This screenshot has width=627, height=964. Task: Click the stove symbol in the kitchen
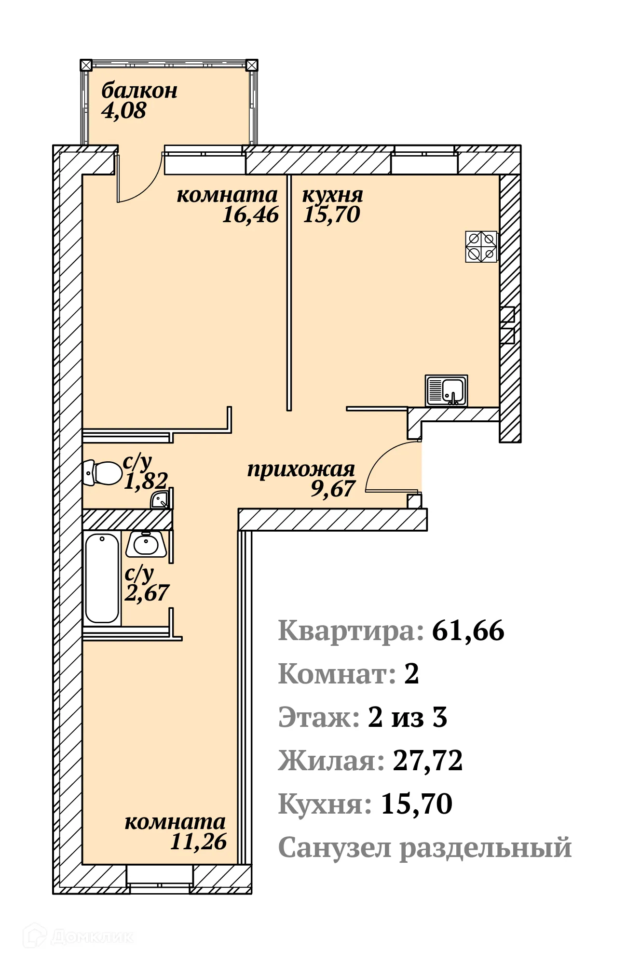click(481, 246)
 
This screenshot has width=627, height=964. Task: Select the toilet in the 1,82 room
click(103, 473)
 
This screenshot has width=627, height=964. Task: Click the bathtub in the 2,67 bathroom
click(102, 578)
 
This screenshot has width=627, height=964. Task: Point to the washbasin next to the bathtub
click(146, 544)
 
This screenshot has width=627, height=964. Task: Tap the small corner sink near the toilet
click(161, 501)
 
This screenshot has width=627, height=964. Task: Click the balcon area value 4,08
click(123, 111)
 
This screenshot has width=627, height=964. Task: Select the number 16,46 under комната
click(250, 214)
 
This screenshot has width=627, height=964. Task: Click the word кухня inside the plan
click(332, 195)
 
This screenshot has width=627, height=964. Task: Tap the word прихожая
click(301, 469)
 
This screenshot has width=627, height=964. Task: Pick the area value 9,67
click(333, 489)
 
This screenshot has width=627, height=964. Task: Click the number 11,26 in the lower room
click(198, 842)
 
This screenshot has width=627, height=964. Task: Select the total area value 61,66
click(468, 630)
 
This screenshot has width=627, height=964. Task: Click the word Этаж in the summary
click(319, 717)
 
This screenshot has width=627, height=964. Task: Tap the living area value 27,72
click(428, 761)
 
